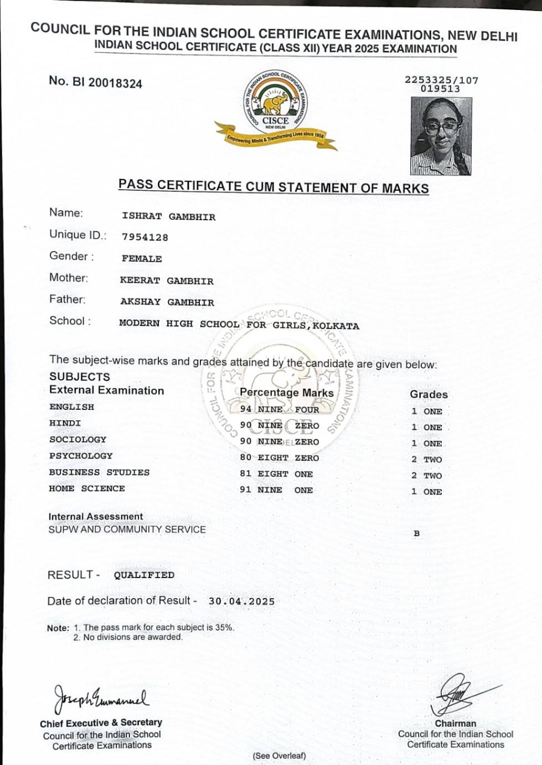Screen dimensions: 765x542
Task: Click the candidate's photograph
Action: coord(441,136)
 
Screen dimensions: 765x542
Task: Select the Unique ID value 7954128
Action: coord(145,237)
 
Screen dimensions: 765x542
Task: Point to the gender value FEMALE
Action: coord(142,259)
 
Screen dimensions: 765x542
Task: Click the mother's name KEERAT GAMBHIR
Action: coord(167,281)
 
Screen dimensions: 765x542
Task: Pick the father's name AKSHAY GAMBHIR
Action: coord(167,303)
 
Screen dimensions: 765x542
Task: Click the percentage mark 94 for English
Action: coord(246,409)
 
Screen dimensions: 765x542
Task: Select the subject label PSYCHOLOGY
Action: coord(81,456)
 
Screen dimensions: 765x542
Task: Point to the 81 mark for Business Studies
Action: coord(246,473)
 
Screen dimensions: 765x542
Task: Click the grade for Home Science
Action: coord(426,491)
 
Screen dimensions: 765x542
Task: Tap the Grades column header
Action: coord(429,394)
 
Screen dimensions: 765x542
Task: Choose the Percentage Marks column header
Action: coord(286,393)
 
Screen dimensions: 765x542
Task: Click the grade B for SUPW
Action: coord(417,533)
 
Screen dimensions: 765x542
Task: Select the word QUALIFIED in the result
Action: coord(144,575)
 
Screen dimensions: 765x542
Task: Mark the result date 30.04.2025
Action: coord(241,601)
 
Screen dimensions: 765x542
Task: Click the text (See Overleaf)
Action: coord(279,756)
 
